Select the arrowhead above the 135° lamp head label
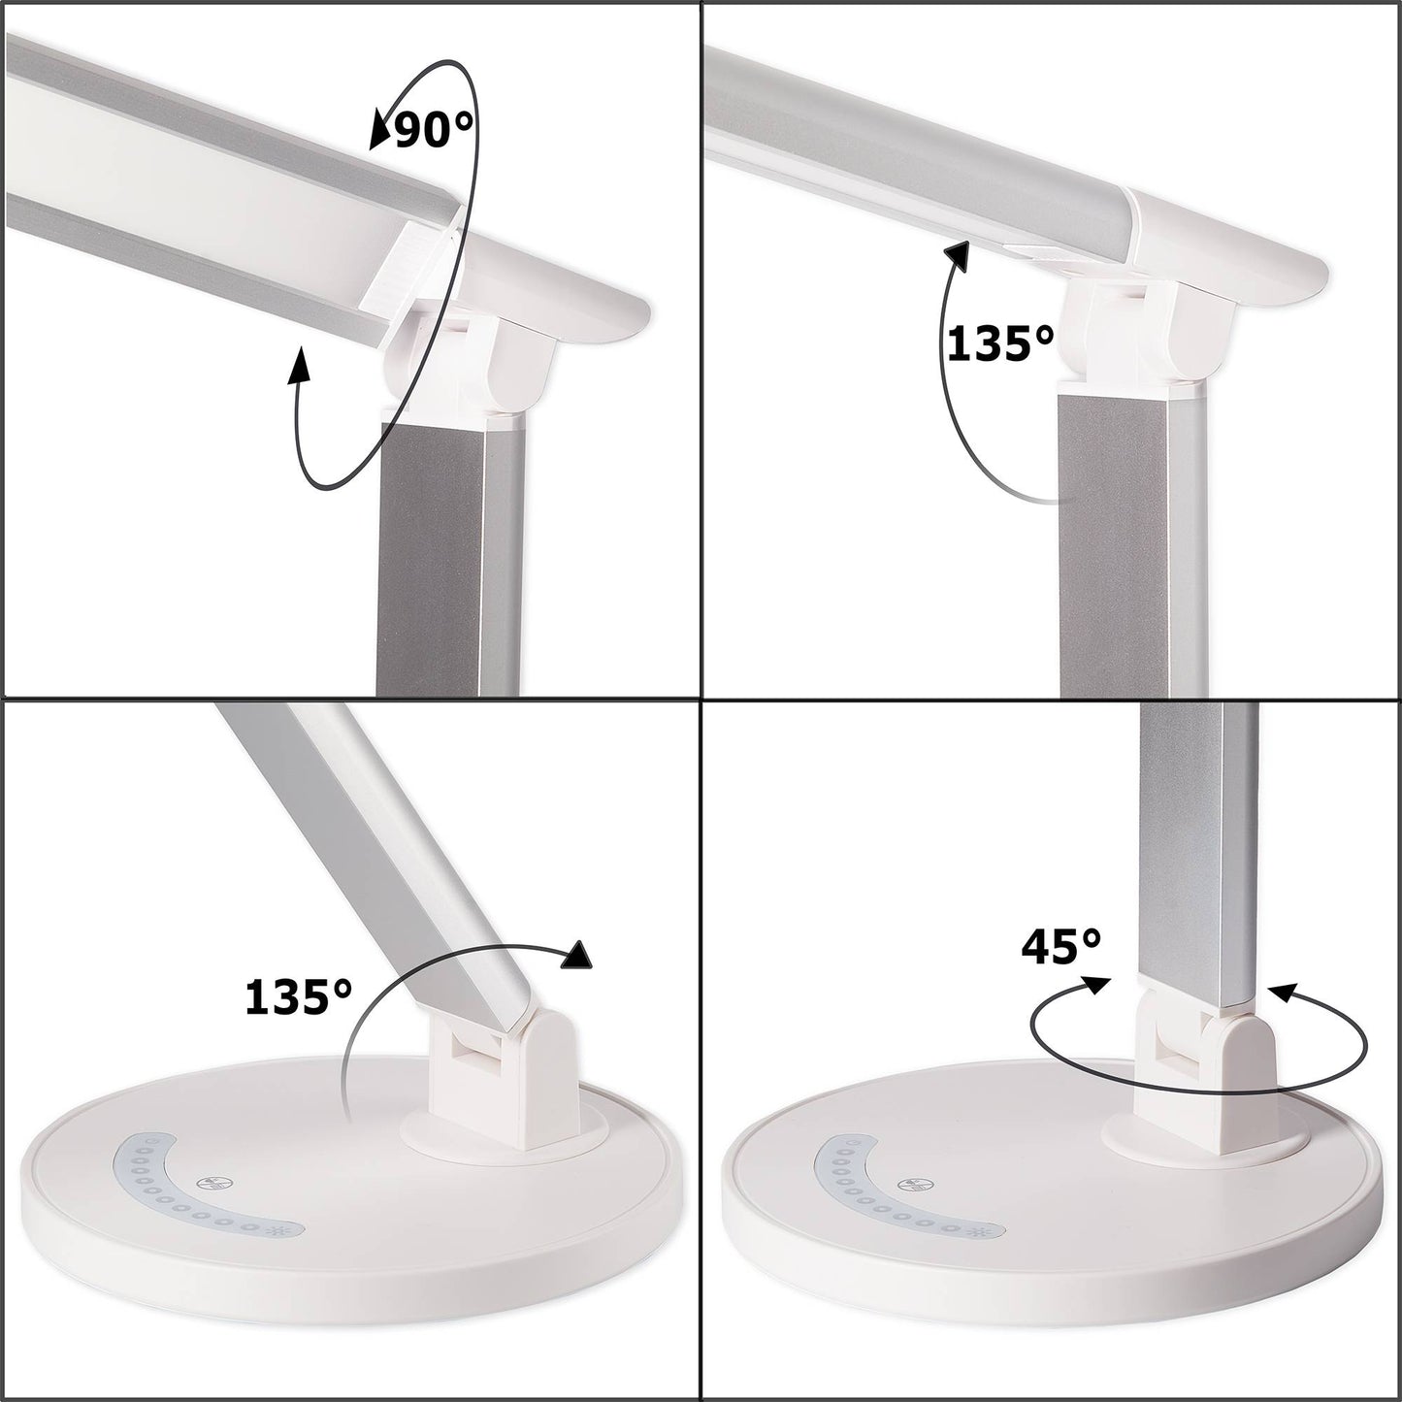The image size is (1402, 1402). pyautogui.click(x=957, y=256)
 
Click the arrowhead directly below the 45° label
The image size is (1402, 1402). pyautogui.click(x=1095, y=984)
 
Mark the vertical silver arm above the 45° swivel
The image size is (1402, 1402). pyautogui.click(x=1197, y=854)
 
